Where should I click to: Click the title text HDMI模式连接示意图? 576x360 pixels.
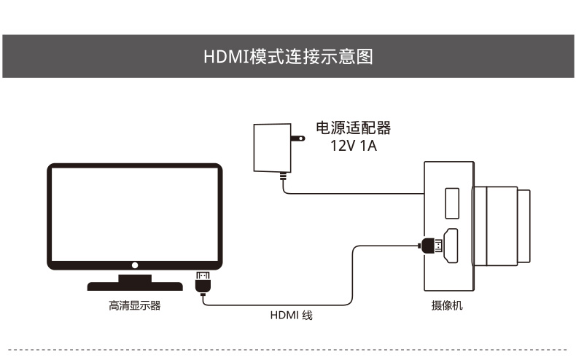pyautogui.click(x=288, y=57)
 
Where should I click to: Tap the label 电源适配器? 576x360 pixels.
pyautogui.click(x=353, y=128)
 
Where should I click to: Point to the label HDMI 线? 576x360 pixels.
pyautogui.click(x=291, y=316)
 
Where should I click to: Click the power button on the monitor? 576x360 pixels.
pyautogui.click(x=135, y=265)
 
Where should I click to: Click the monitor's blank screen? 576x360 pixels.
pyautogui.click(x=135, y=214)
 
